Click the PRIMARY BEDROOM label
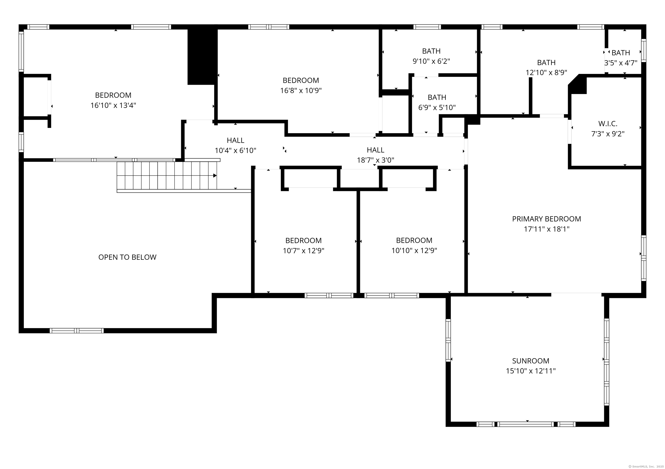(x=546, y=219)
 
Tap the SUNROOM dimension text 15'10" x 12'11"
(x=531, y=371)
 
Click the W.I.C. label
(x=608, y=124)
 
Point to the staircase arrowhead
(x=215, y=175)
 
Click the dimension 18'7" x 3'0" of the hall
(x=375, y=160)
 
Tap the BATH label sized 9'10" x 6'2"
(x=431, y=51)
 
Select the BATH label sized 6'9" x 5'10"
(x=437, y=97)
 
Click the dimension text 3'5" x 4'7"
(x=621, y=63)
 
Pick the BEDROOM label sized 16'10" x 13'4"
(x=113, y=95)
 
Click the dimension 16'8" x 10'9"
(x=301, y=90)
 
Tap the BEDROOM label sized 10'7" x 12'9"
(x=303, y=240)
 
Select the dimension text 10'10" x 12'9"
(x=414, y=251)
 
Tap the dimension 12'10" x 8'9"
(x=546, y=72)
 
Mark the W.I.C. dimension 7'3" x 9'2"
(x=608, y=134)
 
